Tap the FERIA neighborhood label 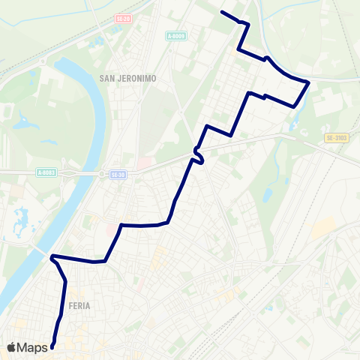[x=79, y=305]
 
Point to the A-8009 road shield [x=175, y=35]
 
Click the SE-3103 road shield [x=337, y=138]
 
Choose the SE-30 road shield [x=117, y=174]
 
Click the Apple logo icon [x=12, y=347]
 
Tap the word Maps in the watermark [x=33, y=347]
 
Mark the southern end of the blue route [x=52, y=346]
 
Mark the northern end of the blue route [x=222, y=12]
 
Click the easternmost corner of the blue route [x=308, y=82]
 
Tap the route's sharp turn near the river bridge [x=52, y=258]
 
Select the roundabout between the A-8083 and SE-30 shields [x=99, y=173]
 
